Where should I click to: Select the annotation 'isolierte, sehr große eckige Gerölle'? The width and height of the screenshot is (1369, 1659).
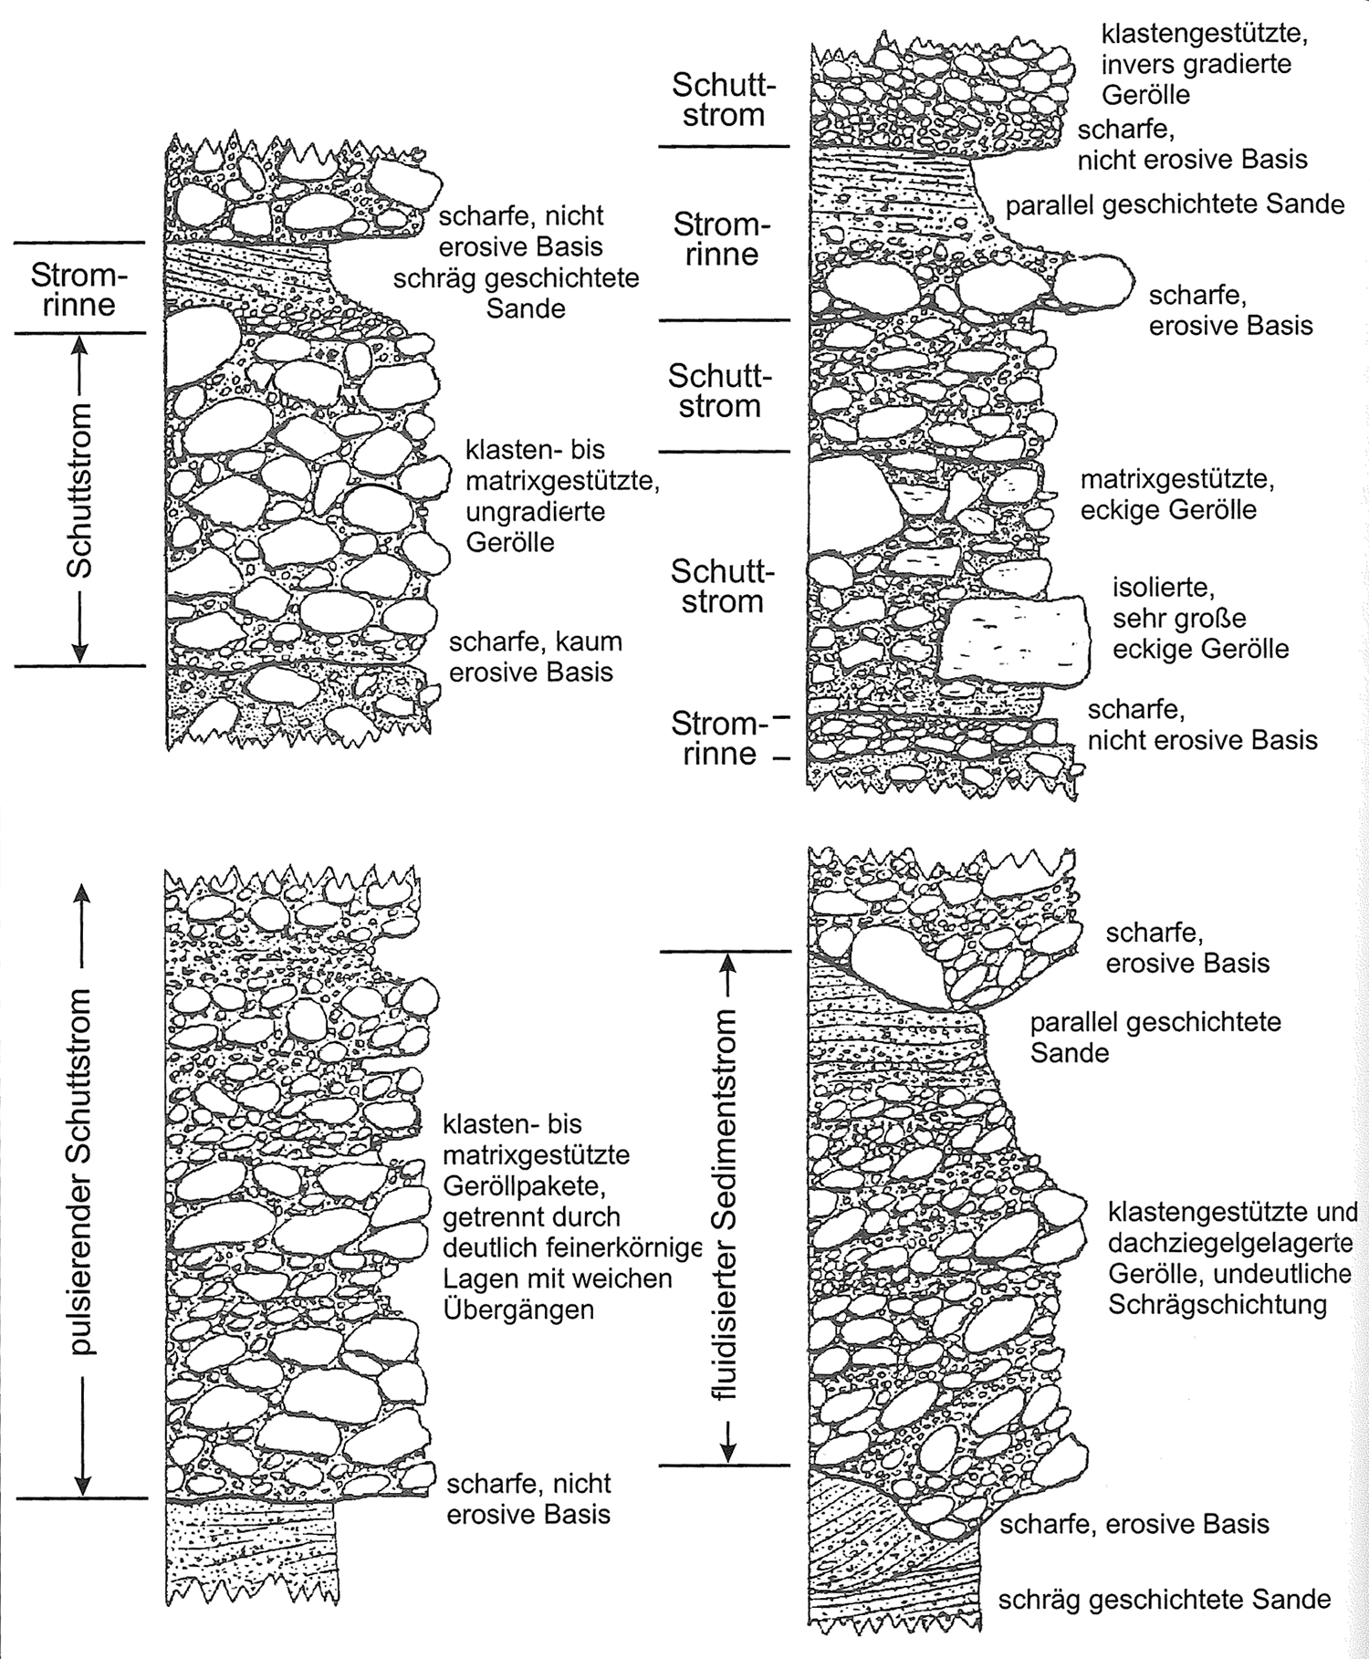tap(1200, 618)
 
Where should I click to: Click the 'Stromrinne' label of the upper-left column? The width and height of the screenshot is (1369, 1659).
tap(79, 288)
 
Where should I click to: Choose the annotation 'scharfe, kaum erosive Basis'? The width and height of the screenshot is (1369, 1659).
tap(535, 657)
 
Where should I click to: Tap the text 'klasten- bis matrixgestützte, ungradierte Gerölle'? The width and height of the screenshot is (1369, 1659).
tap(562, 496)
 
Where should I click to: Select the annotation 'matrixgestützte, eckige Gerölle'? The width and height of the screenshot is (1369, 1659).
tap(1177, 494)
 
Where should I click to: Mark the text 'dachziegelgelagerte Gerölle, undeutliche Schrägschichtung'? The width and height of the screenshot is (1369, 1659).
tap(1229, 1273)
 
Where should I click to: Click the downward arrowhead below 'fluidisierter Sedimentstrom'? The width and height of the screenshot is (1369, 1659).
tap(726, 1447)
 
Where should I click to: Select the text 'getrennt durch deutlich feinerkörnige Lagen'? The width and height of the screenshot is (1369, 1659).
tap(571, 1247)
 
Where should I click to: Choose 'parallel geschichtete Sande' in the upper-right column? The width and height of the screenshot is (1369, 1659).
tap(1175, 204)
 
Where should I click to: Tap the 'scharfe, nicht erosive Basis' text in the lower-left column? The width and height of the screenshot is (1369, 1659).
tap(528, 1498)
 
